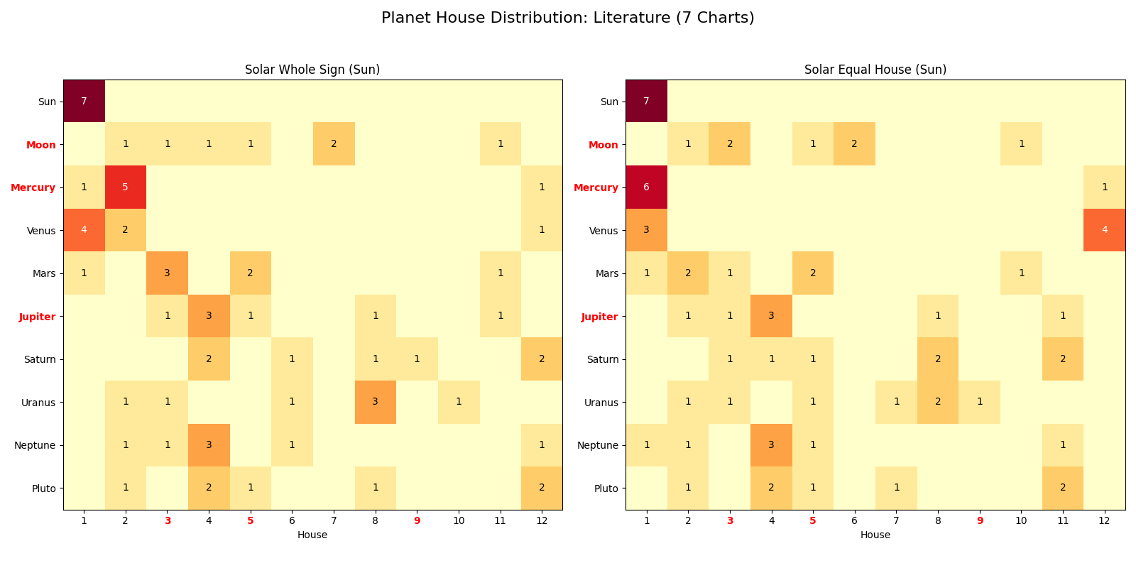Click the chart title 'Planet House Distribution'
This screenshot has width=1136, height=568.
(x=567, y=18)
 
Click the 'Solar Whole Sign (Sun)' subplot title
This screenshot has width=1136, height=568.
(x=312, y=70)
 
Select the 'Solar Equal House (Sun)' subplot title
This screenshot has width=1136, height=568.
(x=875, y=70)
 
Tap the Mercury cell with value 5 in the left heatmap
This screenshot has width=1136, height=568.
(x=126, y=187)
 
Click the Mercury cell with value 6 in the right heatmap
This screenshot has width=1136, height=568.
(x=646, y=187)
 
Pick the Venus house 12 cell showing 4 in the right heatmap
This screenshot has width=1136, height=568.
(x=1104, y=230)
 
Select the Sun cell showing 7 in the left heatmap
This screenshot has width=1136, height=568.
(x=84, y=102)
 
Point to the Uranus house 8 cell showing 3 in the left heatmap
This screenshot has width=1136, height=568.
(x=375, y=402)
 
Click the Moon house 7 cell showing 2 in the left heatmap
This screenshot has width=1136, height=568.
(x=334, y=144)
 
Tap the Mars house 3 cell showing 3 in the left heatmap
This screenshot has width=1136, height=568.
(x=167, y=273)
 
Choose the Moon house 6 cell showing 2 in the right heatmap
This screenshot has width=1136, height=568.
(x=854, y=144)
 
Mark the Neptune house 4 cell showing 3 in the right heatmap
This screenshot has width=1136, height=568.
(x=771, y=445)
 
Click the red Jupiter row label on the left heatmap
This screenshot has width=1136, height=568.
(x=38, y=317)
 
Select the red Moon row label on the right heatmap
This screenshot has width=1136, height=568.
(x=603, y=145)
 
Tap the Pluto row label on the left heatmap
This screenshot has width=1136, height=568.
(x=44, y=488)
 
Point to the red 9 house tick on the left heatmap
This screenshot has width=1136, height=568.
(x=417, y=520)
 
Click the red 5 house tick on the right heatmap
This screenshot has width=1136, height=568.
(x=813, y=520)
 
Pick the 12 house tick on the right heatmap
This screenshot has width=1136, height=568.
(x=1104, y=520)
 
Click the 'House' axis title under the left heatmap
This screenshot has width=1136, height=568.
(x=312, y=535)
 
